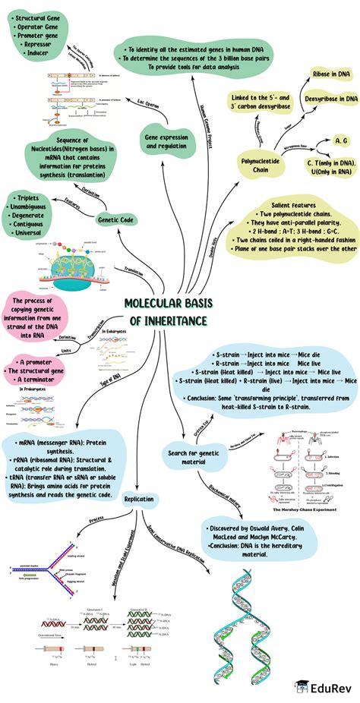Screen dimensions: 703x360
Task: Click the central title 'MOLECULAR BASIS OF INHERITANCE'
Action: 166,312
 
